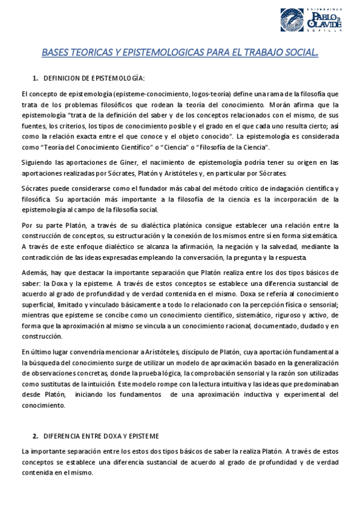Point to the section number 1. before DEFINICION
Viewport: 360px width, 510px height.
tap(35, 78)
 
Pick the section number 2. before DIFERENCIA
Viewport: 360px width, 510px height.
tap(35, 435)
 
